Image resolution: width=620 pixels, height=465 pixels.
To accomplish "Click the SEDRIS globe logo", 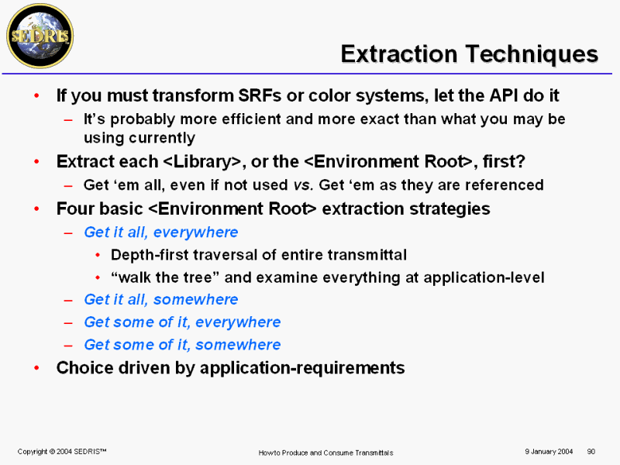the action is point(40,36).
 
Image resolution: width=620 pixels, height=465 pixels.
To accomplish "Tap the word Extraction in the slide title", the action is point(399,53).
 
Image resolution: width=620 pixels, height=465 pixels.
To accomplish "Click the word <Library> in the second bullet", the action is point(202,161).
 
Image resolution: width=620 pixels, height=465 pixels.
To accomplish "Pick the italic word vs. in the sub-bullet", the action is point(303,185).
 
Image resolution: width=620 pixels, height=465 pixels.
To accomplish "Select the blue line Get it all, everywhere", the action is point(161,232).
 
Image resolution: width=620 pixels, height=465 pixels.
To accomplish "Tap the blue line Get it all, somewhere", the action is point(161,300).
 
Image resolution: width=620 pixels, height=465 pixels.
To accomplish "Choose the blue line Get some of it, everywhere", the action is point(182,322).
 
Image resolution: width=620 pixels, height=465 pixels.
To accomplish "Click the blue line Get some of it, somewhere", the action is point(182,345).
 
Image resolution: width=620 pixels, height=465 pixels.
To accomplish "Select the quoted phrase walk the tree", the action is point(165,277).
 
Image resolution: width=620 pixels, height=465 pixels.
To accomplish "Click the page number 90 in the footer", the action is point(591,452).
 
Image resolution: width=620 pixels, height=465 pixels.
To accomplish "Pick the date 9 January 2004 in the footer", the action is point(549,452).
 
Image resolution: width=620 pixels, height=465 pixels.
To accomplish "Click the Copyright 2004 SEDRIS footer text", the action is point(62,452).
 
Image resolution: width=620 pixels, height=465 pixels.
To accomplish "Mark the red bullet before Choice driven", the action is point(36,368).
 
